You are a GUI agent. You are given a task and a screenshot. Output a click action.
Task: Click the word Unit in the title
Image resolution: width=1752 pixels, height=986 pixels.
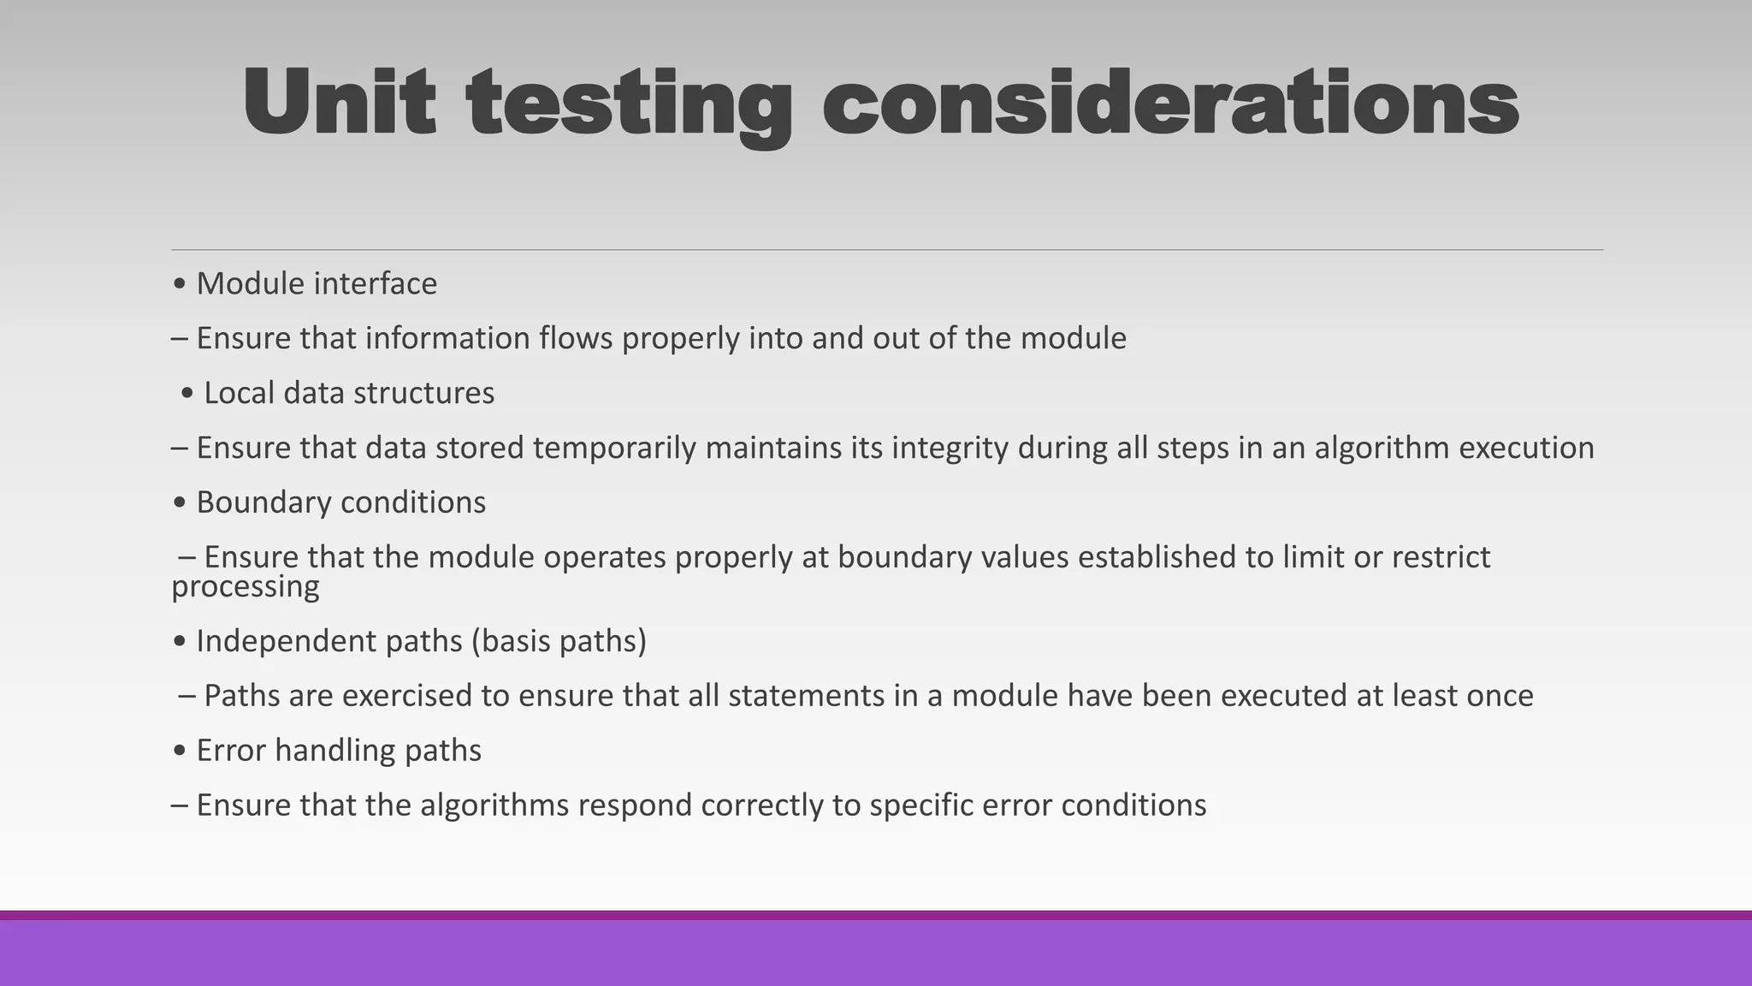pyautogui.click(x=339, y=103)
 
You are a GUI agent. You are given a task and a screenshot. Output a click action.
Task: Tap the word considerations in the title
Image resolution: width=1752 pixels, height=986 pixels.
pyautogui.click(x=1170, y=103)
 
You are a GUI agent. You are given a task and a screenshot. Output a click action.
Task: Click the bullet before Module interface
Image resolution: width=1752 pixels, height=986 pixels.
pyautogui.click(x=179, y=284)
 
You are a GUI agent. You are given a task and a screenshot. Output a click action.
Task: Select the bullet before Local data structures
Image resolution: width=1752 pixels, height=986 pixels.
pyautogui.click(x=187, y=394)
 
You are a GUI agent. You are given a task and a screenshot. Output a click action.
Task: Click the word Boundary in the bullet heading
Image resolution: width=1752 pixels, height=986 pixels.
pyautogui.click(x=252, y=502)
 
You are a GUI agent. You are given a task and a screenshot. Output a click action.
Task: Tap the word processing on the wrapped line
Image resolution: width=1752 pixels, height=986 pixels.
pyautogui.click(x=246, y=587)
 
